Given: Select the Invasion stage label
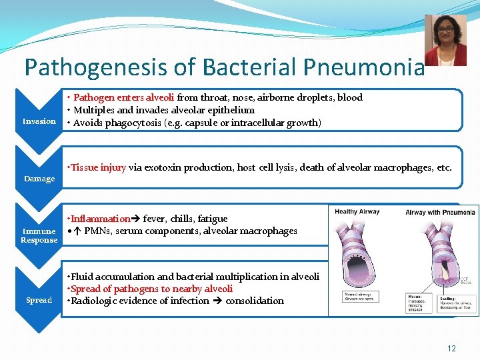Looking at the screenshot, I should click(x=39, y=121).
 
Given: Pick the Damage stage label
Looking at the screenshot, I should click(x=39, y=179).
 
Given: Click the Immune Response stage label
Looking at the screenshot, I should click(x=39, y=235).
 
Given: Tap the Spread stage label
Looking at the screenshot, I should click(x=39, y=300).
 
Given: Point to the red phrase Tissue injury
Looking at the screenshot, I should click(x=98, y=167).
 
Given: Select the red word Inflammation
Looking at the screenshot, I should click(x=100, y=219).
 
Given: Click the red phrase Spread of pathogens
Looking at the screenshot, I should click(x=120, y=289).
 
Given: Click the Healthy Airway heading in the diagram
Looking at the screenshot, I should click(x=357, y=212).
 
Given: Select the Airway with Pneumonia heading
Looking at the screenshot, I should click(x=440, y=213).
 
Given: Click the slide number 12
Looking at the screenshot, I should click(x=451, y=349).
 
